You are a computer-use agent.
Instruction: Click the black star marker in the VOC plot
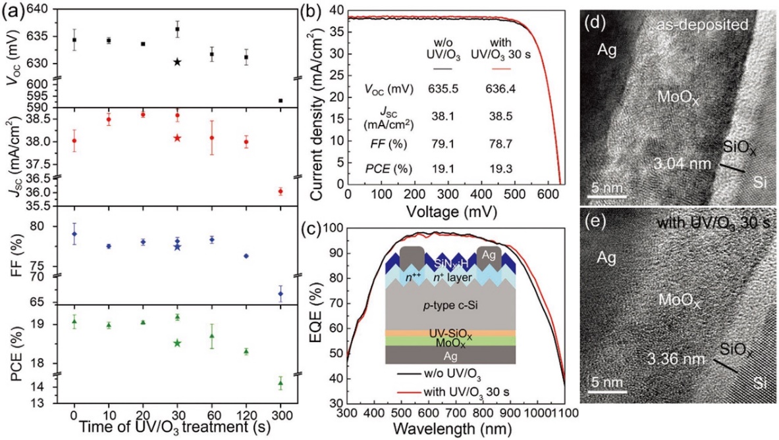pos(177,62)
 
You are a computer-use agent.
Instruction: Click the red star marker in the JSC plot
pos(177,138)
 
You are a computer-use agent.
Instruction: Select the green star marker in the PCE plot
pos(177,343)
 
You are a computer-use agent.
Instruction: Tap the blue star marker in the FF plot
pos(177,247)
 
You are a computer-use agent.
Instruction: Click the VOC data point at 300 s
pos(281,101)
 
